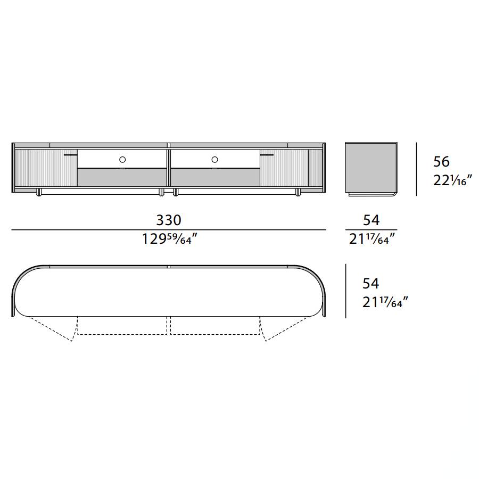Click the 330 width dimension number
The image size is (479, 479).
(x=169, y=220)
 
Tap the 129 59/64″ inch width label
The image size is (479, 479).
(x=170, y=239)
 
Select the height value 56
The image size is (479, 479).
(x=441, y=162)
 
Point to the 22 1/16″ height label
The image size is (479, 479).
(x=453, y=180)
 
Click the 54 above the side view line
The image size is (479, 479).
(x=371, y=220)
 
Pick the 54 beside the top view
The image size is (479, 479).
(x=370, y=284)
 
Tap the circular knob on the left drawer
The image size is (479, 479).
(x=122, y=160)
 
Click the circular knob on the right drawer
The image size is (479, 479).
(x=215, y=160)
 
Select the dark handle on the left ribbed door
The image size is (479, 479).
(x=71, y=155)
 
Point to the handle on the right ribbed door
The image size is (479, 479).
(x=267, y=155)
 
